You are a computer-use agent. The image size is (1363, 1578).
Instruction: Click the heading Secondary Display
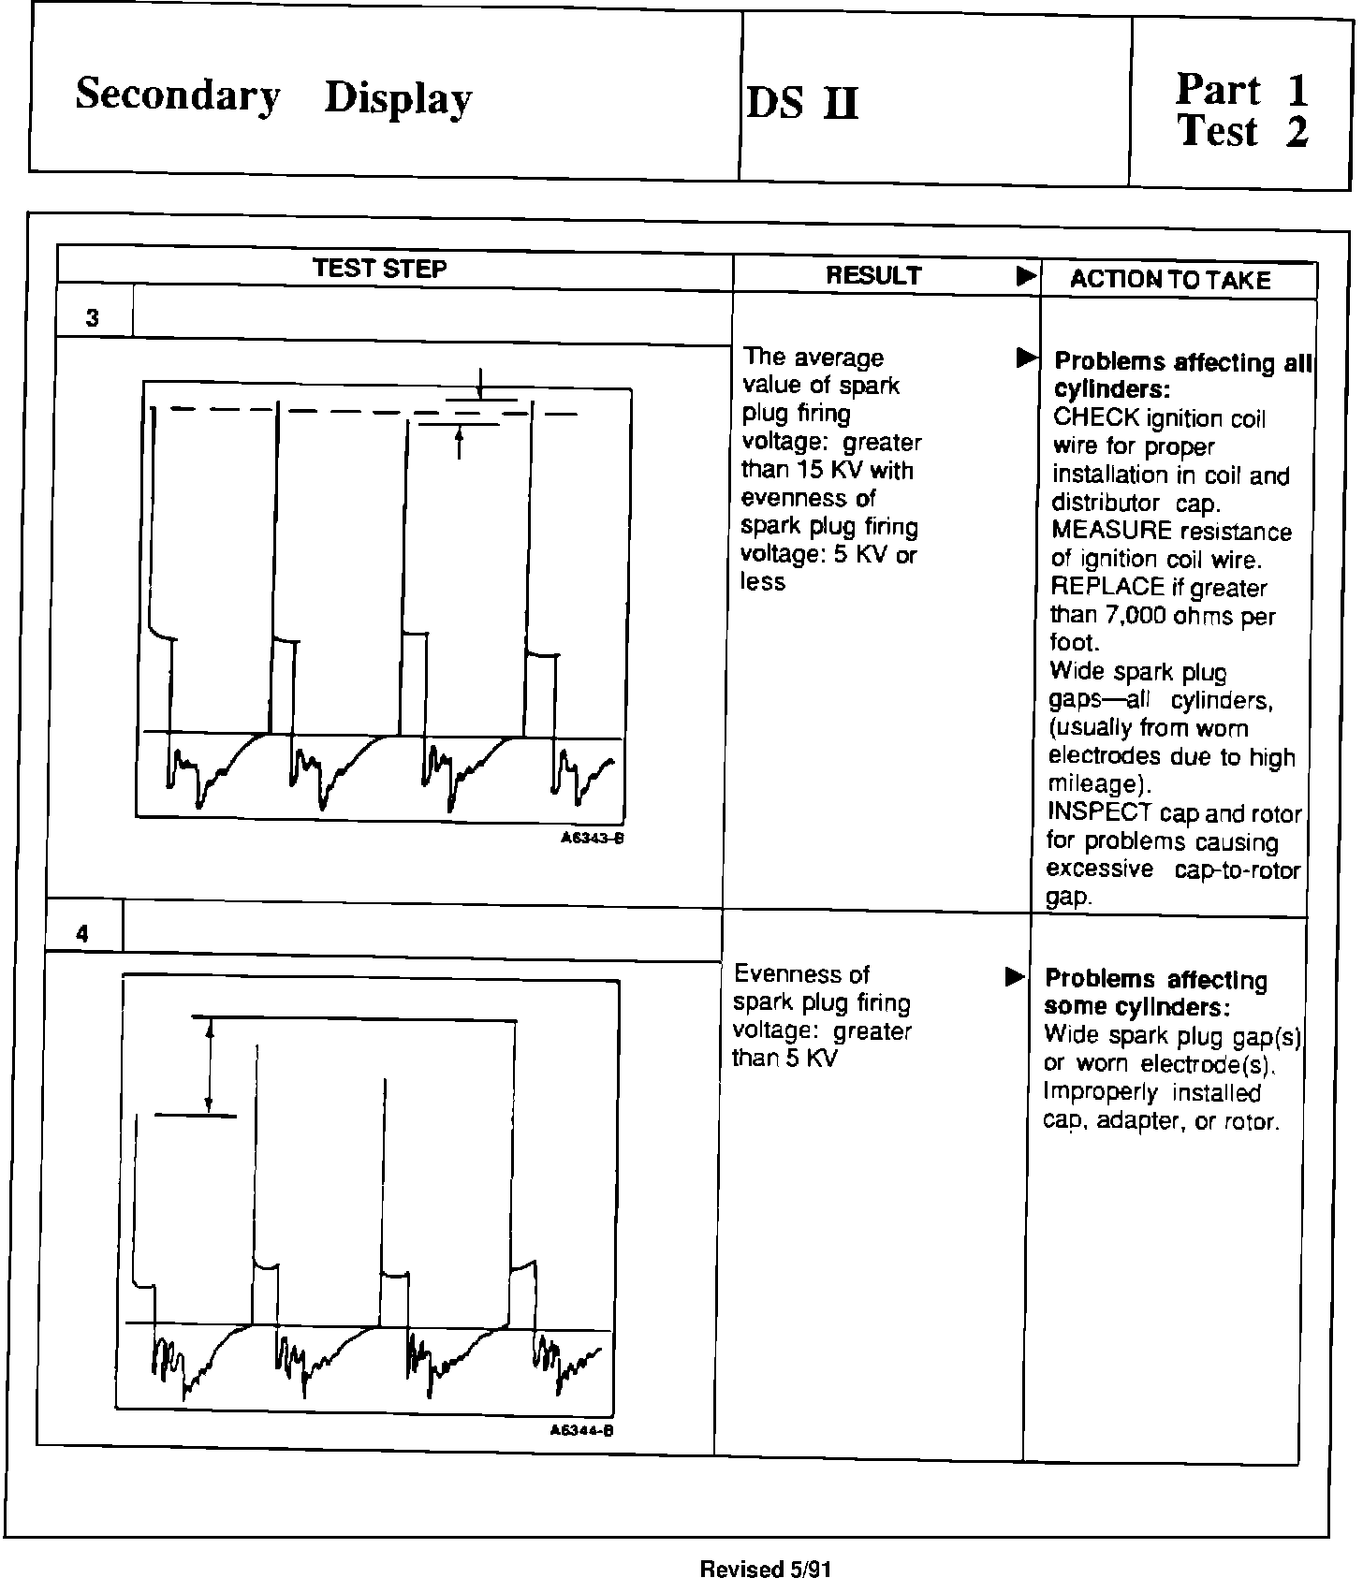(x=272, y=96)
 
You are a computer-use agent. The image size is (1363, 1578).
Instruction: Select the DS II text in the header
(x=801, y=103)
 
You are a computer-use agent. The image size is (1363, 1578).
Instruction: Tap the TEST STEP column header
(x=379, y=269)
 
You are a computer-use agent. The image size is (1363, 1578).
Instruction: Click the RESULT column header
(x=873, y=275)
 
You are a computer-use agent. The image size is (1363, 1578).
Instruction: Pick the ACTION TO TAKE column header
(x=1169, y=280)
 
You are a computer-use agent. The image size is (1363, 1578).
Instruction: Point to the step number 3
(x=92, y=318)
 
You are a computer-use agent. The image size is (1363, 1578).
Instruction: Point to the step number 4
(x=82, y=933)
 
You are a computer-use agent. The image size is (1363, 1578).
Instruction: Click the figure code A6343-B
(x=592, y=839)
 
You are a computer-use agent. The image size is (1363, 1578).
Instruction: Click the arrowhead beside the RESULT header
(x=1026, y=276)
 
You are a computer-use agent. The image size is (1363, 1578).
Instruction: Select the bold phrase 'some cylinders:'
(x=1136, y=1007)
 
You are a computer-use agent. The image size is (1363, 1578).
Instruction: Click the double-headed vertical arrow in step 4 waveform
(x=209, y=1065)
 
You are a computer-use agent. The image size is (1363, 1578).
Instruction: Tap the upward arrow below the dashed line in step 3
(x=459, y=443)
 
